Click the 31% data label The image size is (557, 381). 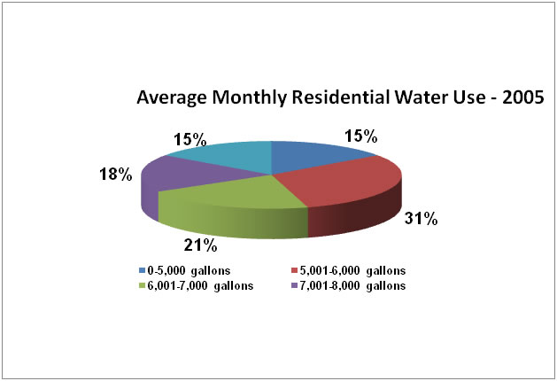[x=422, y=219]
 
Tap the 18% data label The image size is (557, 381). [x=116, y=175]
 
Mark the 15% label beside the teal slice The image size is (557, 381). [x=190, y=139]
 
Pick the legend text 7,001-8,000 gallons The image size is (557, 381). [x=349, y=285]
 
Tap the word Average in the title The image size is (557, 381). [x=167, y=97]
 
